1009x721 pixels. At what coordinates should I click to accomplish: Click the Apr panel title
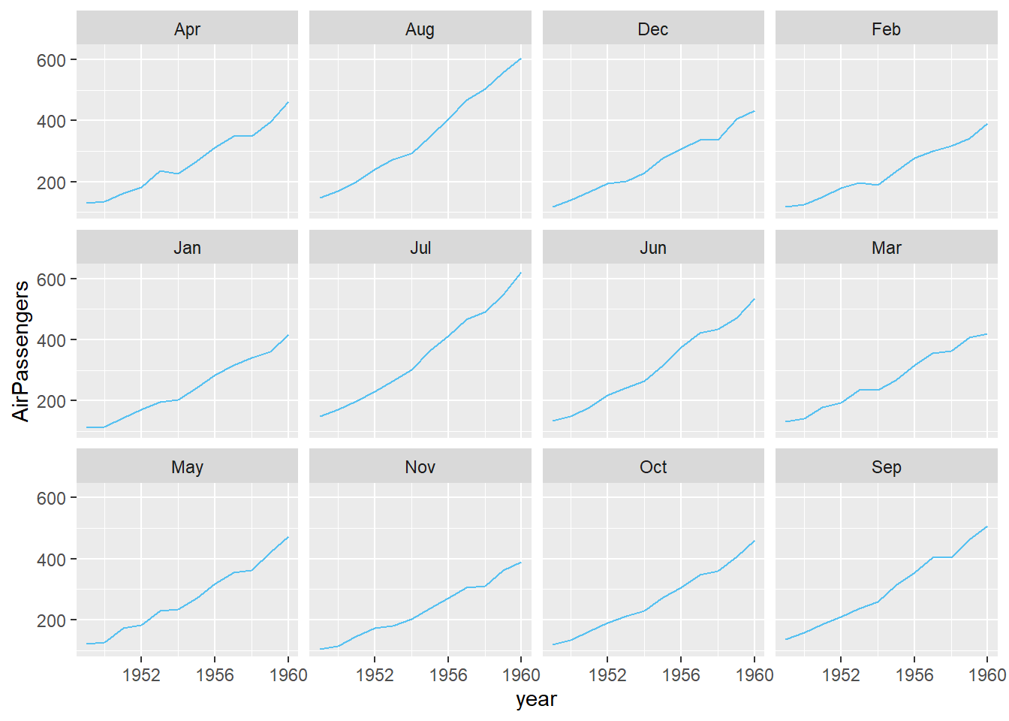point(187,29)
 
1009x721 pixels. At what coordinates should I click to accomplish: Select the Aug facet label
point(420,29)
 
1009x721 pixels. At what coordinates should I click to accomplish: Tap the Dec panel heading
point(652,29)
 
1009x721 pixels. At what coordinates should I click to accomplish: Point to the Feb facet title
point(886,29)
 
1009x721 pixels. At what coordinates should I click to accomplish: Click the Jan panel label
point(187,248)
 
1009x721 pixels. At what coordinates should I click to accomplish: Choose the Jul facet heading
point(420,248)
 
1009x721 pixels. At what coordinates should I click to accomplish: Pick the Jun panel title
point(652,248)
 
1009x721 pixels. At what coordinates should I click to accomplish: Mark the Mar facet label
point(886,248)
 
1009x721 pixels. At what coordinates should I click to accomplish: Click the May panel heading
point(187,467)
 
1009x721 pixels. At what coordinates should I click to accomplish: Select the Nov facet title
point(420,467)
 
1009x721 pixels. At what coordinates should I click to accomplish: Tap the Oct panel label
point(652,467)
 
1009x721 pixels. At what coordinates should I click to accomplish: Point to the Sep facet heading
point(886,467)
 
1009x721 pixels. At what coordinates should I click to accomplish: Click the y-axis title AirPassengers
point(21,351)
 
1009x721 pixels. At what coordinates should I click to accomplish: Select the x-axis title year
point(536,700)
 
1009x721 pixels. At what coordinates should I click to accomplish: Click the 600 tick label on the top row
point(51,60)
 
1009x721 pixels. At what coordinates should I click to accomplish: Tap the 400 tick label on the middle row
point(51,340)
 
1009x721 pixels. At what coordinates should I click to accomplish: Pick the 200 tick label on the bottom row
point(51,621)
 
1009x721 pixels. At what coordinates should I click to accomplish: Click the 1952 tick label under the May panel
point(141,675)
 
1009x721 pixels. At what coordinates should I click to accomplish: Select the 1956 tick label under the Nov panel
point(447,675)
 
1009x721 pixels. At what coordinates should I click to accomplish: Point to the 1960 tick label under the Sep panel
point(986,675)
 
